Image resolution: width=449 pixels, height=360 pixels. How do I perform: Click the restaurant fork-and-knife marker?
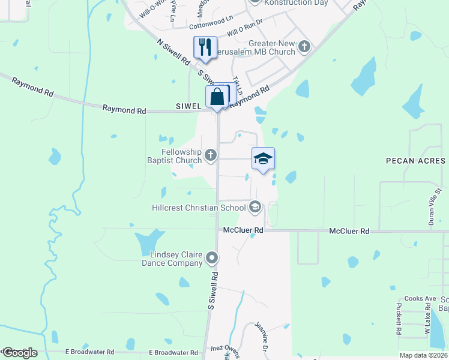click(205, 47)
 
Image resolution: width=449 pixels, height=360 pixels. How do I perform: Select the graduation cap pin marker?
click(263, 158)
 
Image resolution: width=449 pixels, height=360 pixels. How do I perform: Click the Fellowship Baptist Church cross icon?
click(210, 156)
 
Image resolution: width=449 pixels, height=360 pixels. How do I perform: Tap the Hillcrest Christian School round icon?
click(255, 208)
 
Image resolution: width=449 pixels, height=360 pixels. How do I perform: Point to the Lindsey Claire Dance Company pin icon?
click(211, 258)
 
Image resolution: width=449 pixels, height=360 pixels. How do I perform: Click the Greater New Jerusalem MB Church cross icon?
click(304, 46)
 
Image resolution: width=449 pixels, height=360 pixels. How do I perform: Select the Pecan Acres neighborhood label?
click(415, 161)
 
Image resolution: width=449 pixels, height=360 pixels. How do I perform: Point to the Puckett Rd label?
click(398, 319)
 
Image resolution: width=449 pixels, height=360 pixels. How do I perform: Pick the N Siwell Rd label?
click(173, 53)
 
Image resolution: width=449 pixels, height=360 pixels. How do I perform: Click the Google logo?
click(19, 353)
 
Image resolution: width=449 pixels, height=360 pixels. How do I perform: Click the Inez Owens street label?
click(226, 348)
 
